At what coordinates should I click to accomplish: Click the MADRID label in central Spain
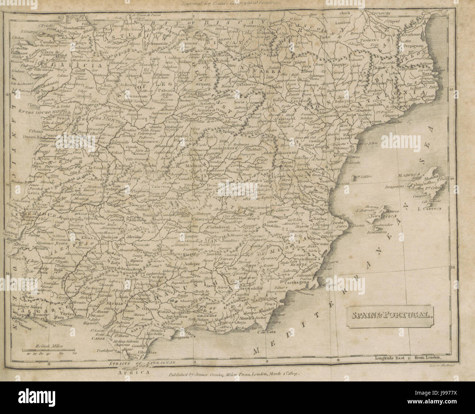pyautogui.click(x=194, y=166)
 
